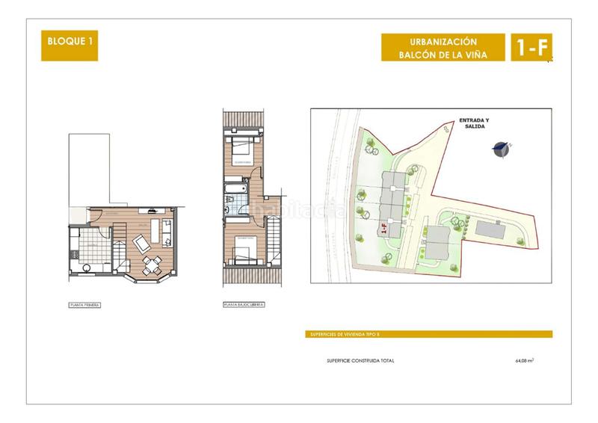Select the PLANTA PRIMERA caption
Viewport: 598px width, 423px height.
[x=82, y=305]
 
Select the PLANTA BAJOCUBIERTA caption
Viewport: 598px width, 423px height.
[x=244, y=305]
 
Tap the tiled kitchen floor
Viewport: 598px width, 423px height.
[x=91, y=241]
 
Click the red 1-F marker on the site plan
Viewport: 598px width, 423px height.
[x=383, y=229]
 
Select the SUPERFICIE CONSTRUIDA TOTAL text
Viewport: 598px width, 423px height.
[x=360, y=360]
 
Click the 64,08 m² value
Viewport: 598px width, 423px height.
[x=525, y=360]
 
